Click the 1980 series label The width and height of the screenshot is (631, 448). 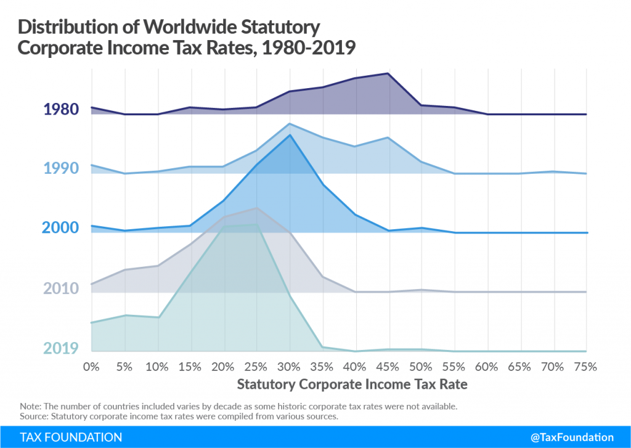click(61, 110)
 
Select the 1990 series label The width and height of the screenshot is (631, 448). click(61, 169)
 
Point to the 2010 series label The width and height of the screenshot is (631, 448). click(61, 288)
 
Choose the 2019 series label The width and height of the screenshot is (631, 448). click(61, 348)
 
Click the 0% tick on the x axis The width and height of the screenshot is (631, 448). click(91, 367)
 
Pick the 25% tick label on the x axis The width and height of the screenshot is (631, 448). click(256, 367)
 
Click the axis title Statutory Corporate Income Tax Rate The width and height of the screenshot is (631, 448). click(352, 385)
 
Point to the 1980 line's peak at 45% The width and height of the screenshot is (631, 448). click(388, 73)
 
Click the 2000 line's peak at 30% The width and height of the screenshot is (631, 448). click(290, 134)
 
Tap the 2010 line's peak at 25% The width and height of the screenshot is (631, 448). click(256, 208)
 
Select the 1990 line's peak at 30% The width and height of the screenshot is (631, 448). click(290, 124)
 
